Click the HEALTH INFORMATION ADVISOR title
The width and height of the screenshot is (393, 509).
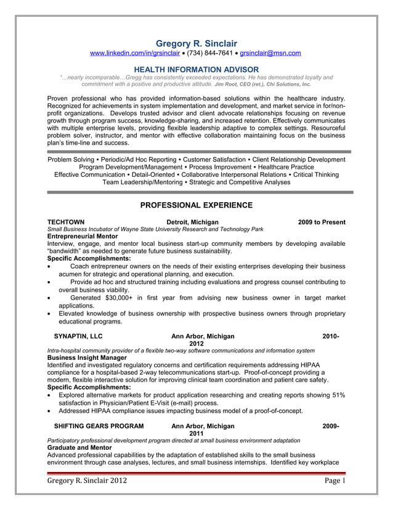point(196,69)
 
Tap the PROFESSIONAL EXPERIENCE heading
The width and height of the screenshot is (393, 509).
point(196,205)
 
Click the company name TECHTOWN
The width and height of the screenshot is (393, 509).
point(66,222)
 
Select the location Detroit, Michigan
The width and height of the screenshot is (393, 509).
point(192,222)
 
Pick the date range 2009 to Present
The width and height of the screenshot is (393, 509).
point(322,222)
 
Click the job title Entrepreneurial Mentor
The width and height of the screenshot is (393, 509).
point(81,236)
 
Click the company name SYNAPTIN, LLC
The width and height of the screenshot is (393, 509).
point(78,336)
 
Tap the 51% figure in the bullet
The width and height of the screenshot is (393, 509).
point(337,395)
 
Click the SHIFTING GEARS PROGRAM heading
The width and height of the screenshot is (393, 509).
point(99,426)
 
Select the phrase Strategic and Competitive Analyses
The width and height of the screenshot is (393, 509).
point(240,182)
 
